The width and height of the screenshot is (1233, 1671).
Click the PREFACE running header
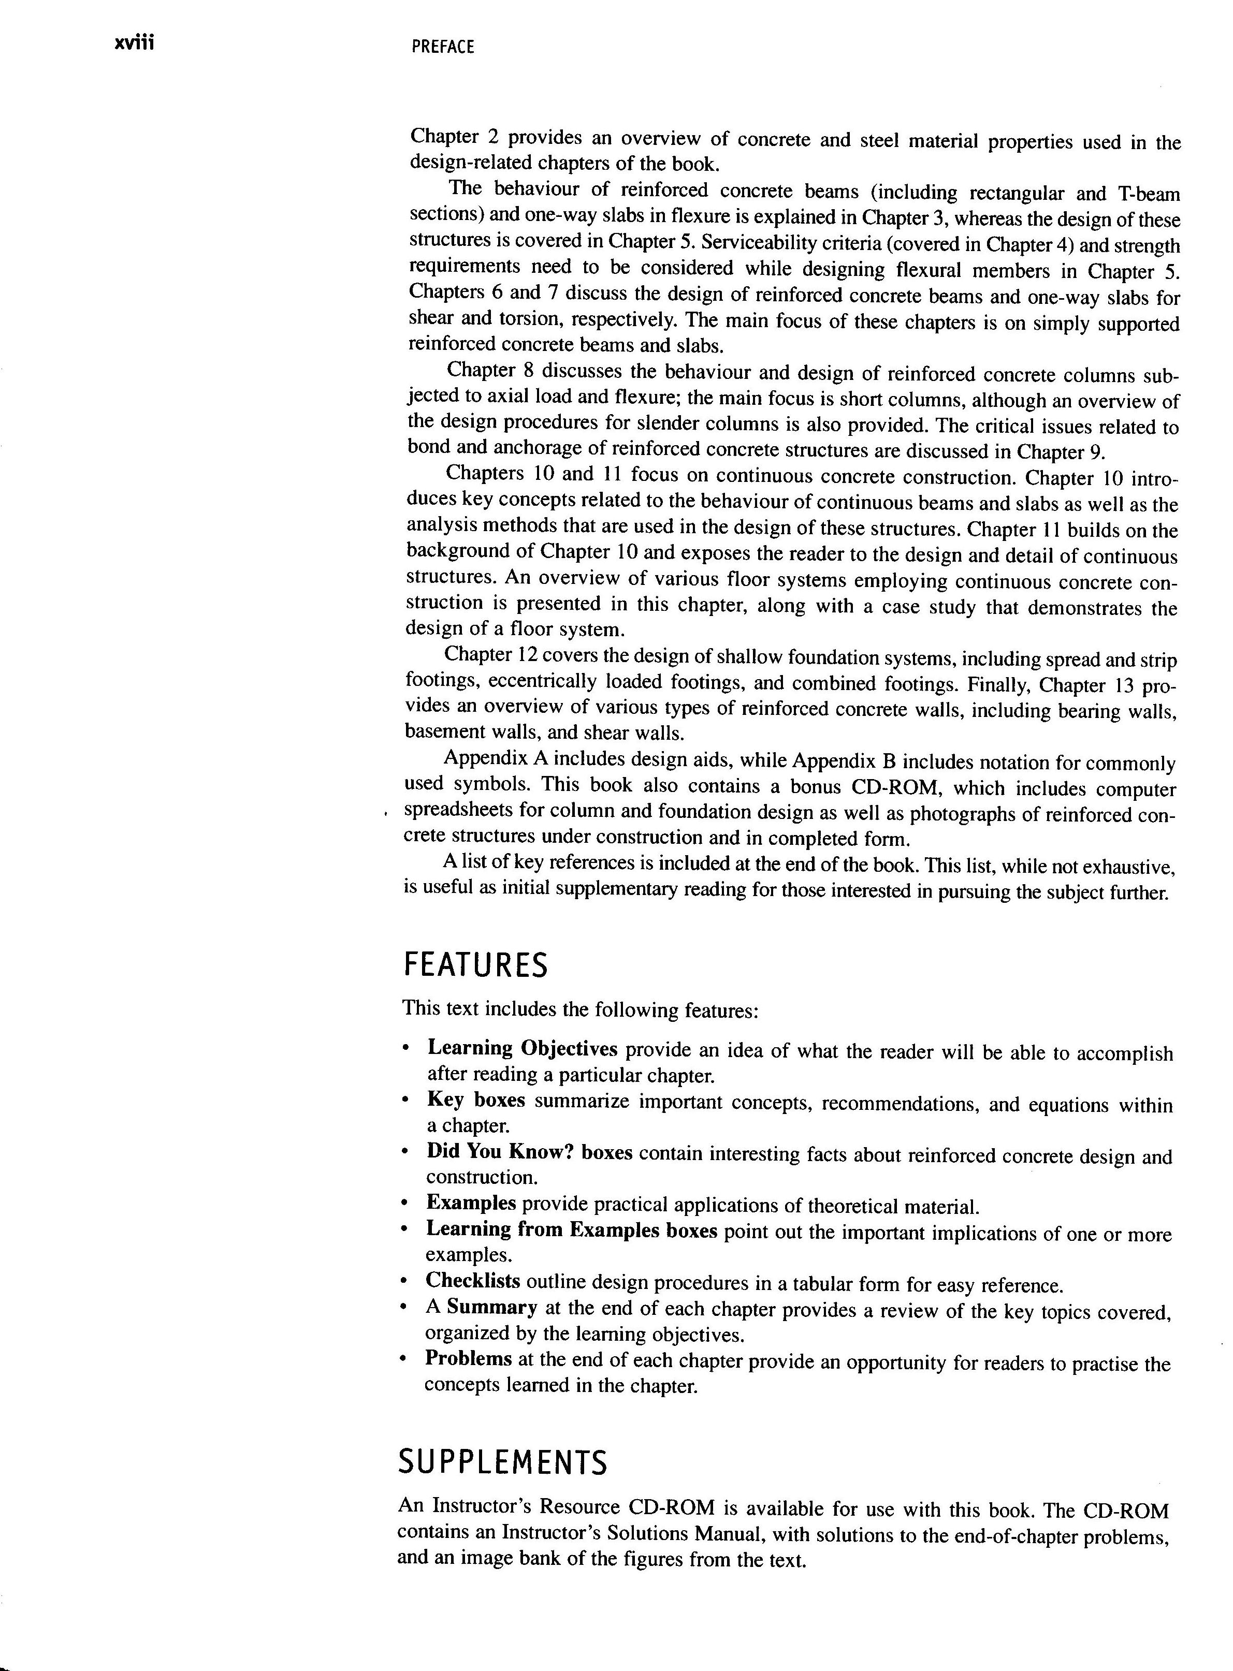443,47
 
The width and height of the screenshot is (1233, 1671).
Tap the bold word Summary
492,1307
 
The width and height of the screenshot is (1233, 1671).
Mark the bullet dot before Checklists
404,1282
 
